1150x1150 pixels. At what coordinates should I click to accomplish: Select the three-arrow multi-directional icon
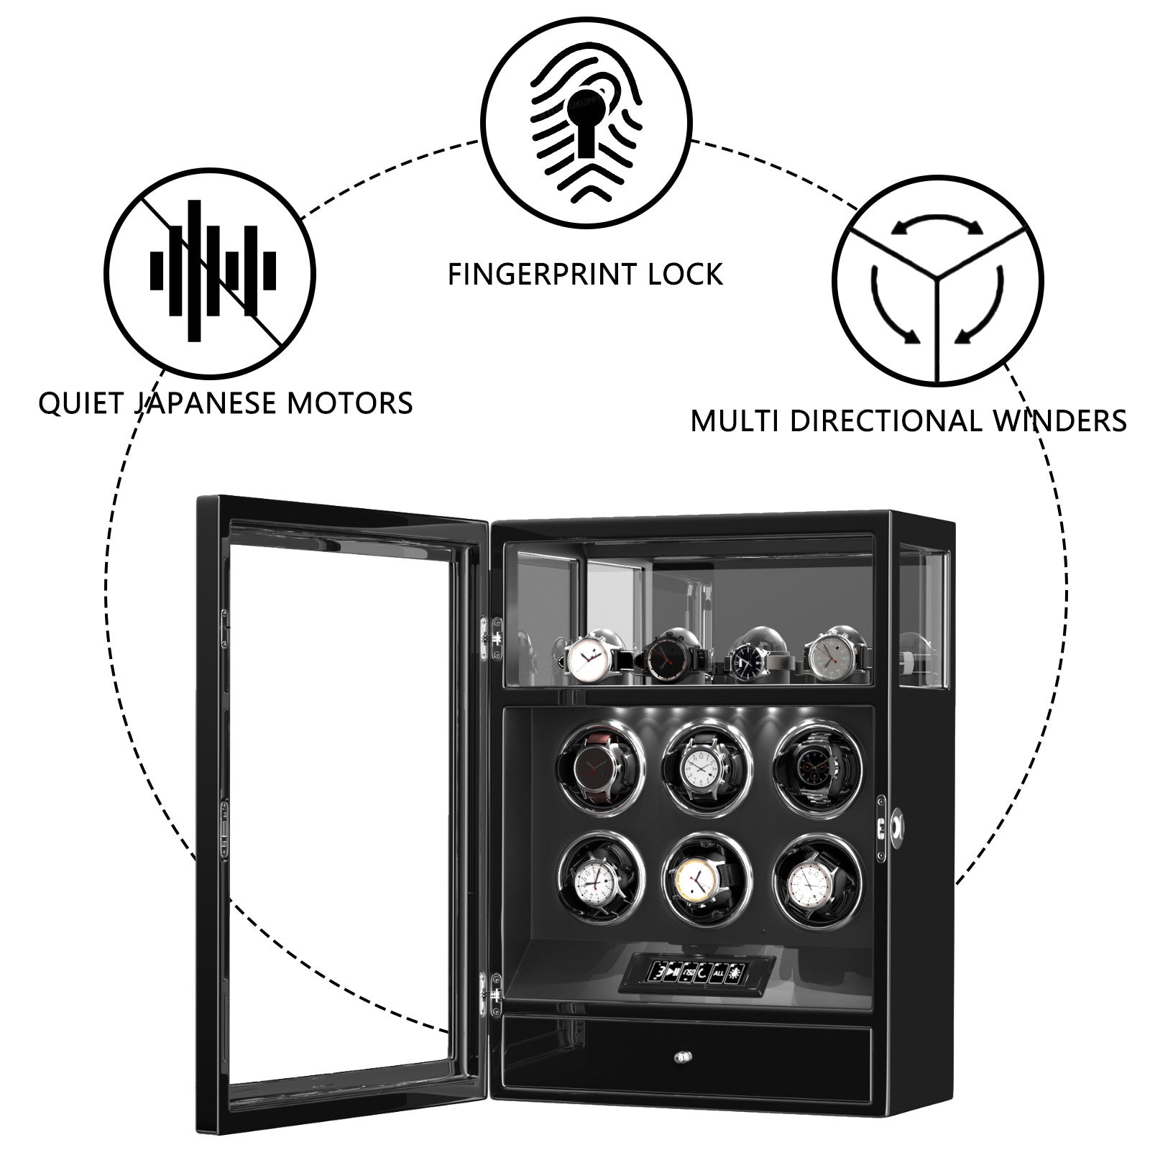[x=937, y=280]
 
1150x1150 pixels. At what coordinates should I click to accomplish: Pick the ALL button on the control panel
[x=718, y=973]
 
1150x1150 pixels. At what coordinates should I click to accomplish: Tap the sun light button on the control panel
[x=735, y=973]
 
